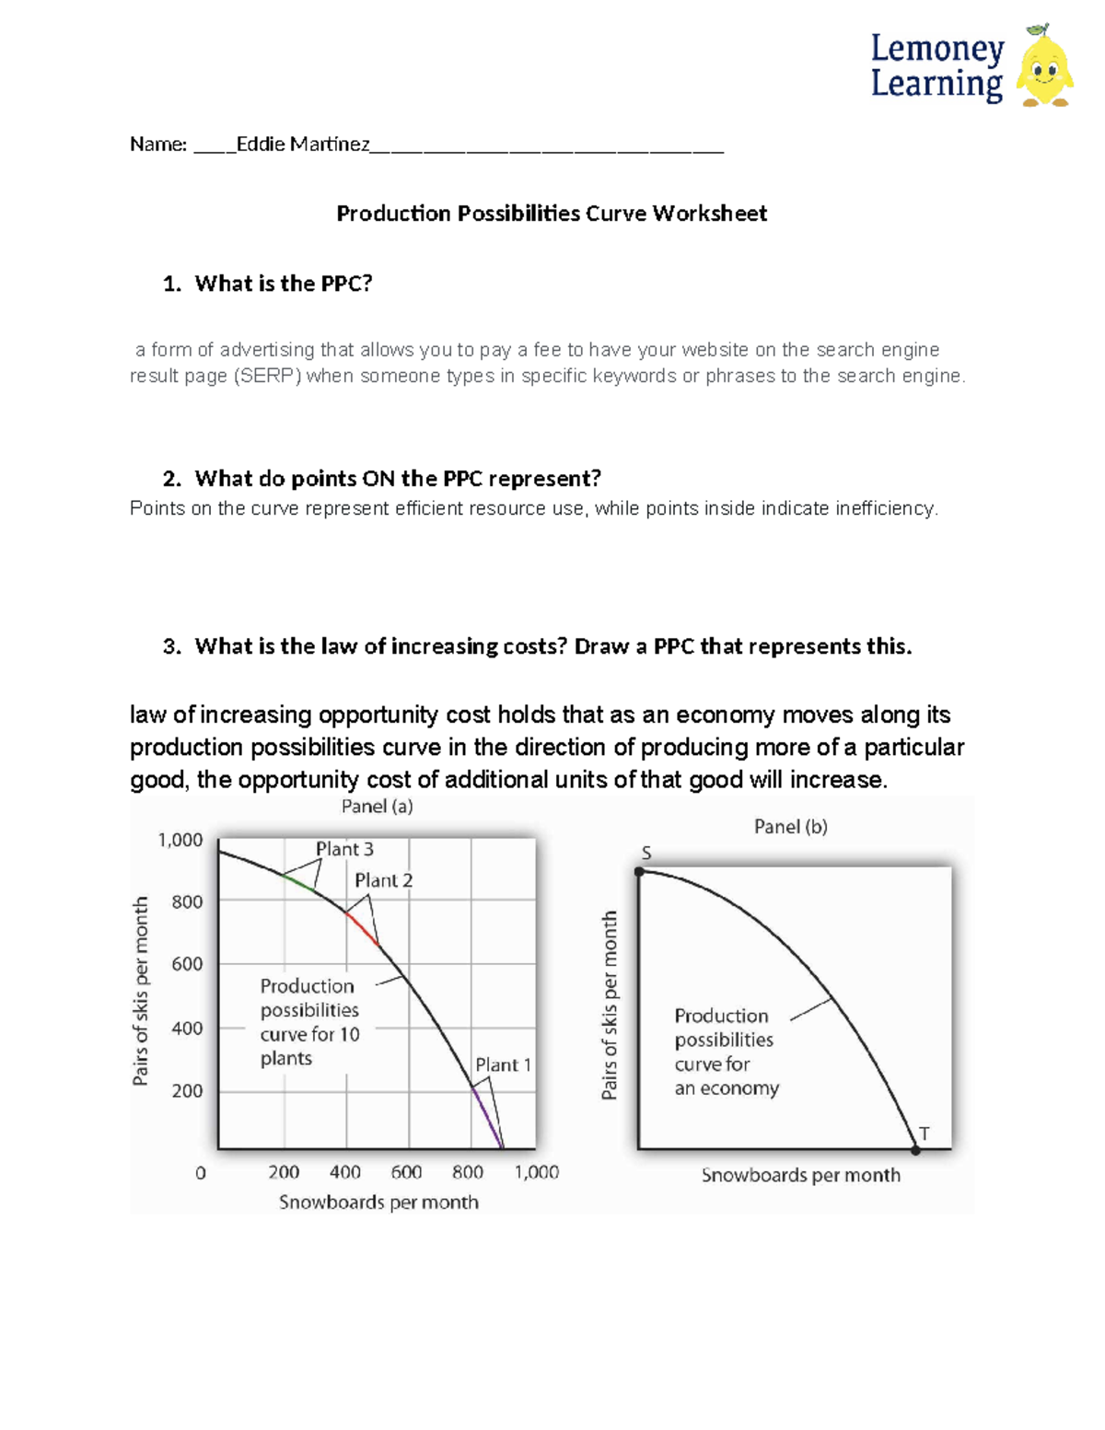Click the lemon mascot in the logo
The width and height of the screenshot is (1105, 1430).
tap(1045, 68)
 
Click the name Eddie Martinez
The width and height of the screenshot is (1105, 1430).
tap(303, 145)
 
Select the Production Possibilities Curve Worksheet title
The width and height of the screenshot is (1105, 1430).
tap(552, 214)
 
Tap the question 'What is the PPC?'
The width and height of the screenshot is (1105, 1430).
tap(283, 284)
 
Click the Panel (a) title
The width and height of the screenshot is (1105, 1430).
tap(377, 807)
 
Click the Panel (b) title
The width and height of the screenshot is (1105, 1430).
tap(790, 827)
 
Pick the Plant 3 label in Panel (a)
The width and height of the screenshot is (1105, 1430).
tap(344, 849)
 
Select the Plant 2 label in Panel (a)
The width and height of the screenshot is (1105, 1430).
tap(383, 880)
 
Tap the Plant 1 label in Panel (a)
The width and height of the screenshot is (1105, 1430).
tap(503, 1064)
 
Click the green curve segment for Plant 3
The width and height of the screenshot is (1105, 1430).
tap(298, 882)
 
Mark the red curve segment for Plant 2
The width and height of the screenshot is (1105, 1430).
tap(362, 927)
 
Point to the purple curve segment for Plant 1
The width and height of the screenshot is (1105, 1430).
tap(488, 1118)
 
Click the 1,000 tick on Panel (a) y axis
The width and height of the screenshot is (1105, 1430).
tap(180, 840)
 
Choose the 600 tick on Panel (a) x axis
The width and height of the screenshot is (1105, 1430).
tap(406, 1172)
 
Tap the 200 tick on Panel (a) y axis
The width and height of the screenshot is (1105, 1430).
tap(187, 1091)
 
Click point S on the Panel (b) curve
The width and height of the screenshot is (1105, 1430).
tap(640, 870)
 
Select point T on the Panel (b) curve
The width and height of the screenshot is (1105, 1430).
tap(915, 1149)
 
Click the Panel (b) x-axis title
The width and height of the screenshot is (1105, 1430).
tap(800, 1175)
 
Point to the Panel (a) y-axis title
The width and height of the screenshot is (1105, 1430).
tap(141, 992)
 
